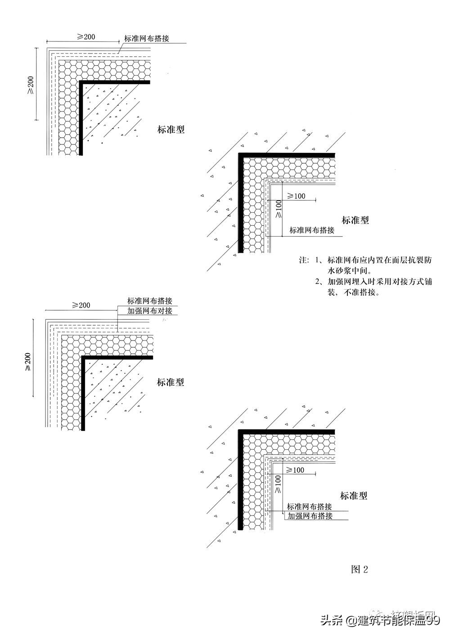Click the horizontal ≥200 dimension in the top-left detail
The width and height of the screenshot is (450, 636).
[86, 37]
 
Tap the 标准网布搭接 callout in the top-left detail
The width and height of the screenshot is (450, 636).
[147, 39]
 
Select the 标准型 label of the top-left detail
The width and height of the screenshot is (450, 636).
[171, 130]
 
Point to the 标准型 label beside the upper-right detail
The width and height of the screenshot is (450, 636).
[355, 220]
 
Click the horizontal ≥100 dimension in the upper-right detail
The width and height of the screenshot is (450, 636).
[296, 196]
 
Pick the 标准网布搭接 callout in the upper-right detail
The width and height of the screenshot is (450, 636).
[312, 230]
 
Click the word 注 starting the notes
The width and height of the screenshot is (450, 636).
[303, 260]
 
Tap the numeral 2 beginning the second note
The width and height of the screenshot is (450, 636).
[318, 282]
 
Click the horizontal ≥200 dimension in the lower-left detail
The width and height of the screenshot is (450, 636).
[81, 305]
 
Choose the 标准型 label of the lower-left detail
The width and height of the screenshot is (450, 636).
[171, 383]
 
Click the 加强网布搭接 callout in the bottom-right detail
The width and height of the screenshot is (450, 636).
[310, 516]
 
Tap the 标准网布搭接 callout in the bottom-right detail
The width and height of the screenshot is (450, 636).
[310, 506]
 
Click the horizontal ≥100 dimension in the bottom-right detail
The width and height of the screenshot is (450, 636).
[295, 470]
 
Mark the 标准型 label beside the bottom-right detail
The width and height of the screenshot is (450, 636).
[354, 496]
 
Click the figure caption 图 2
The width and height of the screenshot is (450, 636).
[359, 569]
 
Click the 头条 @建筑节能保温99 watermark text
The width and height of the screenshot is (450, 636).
[380, 621]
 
